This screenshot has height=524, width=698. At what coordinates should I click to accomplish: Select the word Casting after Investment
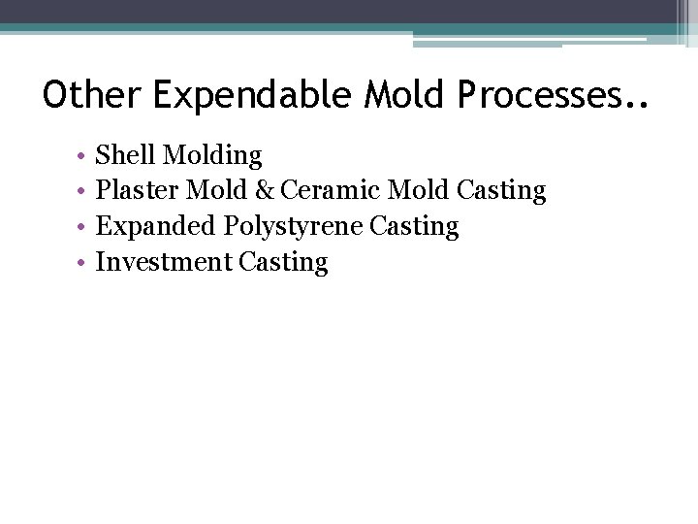283,263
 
